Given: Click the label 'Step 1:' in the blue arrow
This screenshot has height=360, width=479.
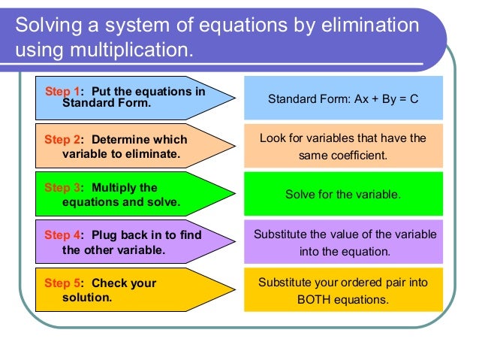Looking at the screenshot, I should tap(64, 92).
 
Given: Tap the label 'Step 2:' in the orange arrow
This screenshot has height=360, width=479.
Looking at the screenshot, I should tap(64, 140).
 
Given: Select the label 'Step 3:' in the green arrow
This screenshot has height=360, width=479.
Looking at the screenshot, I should tap(64, 188).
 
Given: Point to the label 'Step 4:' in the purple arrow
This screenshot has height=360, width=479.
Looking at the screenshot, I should tap(64, 235).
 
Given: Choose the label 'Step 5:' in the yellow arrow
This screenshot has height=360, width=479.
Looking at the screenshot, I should tap(64, 283).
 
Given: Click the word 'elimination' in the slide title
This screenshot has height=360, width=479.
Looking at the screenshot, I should tap(371, 25).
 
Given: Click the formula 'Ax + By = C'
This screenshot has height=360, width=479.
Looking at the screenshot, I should tap(387, 98).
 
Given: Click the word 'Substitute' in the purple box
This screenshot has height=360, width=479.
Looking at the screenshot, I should tap(281, 234).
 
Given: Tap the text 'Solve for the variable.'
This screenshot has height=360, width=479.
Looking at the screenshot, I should tap(343, 194).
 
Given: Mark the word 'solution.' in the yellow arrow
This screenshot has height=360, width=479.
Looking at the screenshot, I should tap(87, 298).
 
